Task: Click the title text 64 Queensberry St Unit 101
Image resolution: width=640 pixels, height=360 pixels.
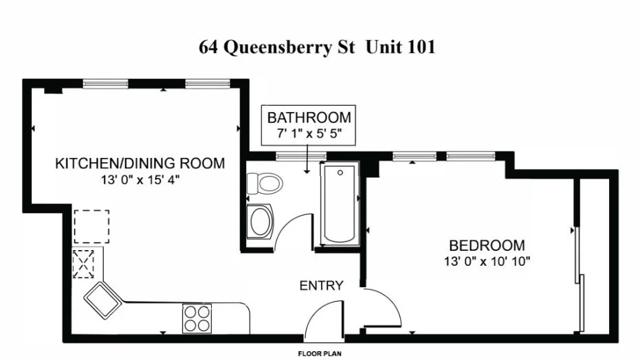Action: click(317, 47)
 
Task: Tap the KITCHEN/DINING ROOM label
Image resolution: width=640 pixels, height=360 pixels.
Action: click(140, 164)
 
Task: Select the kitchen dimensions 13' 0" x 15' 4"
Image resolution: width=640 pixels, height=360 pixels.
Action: click(140, 180)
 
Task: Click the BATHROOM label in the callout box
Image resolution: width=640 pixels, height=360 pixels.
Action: click(309, 117)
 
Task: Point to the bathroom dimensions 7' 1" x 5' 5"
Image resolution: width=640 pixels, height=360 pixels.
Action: click(309, 132)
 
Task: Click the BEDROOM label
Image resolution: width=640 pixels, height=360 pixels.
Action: click(486, 245)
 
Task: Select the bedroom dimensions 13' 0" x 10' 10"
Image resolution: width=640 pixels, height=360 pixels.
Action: click(486, 261)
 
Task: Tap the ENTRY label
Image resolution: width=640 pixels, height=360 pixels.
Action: click(320, 286)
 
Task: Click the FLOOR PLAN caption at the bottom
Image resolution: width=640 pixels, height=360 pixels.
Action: click(320, 354)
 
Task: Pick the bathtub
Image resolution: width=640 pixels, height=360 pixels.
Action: click(340, 203)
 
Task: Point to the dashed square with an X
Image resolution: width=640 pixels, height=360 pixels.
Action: click(83, 264)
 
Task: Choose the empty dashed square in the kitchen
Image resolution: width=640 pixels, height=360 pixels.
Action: click(91, 227)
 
